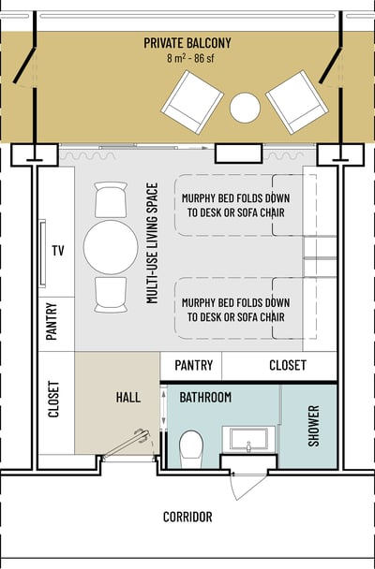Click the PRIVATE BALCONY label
(x=187, y=43)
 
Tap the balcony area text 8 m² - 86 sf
(x=190, y=58)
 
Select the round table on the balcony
(x=245, y=108)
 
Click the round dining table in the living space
(x=111, y=247)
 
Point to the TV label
(x=58, y=251)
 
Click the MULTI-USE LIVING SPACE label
(x=153, y=242)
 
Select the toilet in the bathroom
(x=191, y=445)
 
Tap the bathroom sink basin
(x=249, y=439)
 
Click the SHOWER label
(x=313, y=426)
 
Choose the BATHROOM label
(x=205, y=398)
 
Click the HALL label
(x=128, y=397)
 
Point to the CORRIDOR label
(x=187, y=517)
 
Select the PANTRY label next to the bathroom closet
(x=193, y=365)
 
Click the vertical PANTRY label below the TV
(x=52, y=321)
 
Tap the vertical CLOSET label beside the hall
(x=53, y=399)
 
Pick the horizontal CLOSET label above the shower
(x=288, y=365)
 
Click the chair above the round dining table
(x=111, y=199)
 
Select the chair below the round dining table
(x=111, y=295)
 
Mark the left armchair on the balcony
(x=192, y=102)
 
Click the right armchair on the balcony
(x=297, y=102)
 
